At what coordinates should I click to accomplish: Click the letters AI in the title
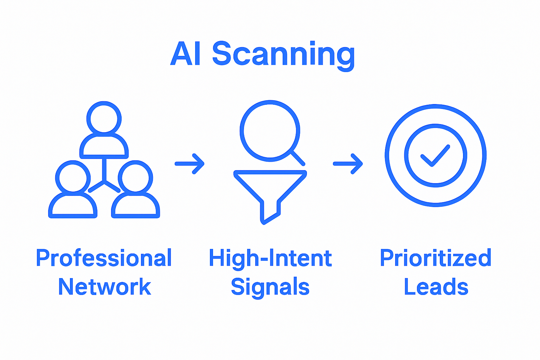pos(186,54)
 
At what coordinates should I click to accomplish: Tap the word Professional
pos(104,258)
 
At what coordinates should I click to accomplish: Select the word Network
pos(104,287)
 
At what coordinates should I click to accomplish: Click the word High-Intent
pos(270,258)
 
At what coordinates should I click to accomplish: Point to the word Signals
pos(270,287)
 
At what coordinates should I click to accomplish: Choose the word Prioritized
pos(435,258)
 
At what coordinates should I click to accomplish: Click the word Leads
pos(436,287)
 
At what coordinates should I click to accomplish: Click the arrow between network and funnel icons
pos(190,164)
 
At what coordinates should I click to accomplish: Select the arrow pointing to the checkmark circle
pos(348,164)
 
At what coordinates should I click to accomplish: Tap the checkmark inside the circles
pos(435,155)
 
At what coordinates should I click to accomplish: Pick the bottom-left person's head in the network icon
pos(73,178)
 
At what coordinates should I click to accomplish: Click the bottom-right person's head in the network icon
pos(135,178)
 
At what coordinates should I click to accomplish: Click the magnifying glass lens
pos(270,131)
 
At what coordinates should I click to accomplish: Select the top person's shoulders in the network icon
pos(104,146)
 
